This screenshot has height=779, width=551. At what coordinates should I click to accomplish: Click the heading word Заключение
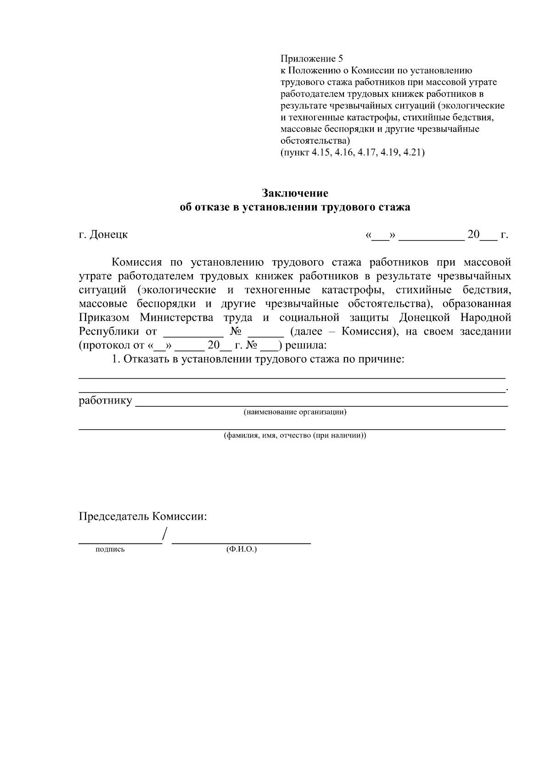pyautogui.click(x=295, y=192)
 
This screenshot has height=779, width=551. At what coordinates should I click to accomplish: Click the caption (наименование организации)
pyautogui.click(x=295, y=412)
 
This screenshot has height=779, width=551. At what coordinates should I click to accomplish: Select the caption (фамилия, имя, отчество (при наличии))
pyautogui.click(x=295, y=435)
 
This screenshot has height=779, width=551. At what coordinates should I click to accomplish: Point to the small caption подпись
pyautogui.click(x=110, y=549)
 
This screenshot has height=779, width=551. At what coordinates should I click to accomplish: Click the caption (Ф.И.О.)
pyautogui.click(x=241, y=549)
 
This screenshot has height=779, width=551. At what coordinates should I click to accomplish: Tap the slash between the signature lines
pyautogui.click(x=165, y=535)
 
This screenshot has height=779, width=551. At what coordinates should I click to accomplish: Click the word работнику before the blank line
pyautogui.click(x=105, y=401)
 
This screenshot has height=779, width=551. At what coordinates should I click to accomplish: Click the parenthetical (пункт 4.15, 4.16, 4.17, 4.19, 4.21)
pyautogui.click(x=352, y=152)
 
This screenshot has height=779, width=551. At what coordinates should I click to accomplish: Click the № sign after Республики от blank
pyautogui.click(x=236, y=331)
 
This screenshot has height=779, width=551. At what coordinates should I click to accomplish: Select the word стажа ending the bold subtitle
pyautogui.click(x=394, y=207)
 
